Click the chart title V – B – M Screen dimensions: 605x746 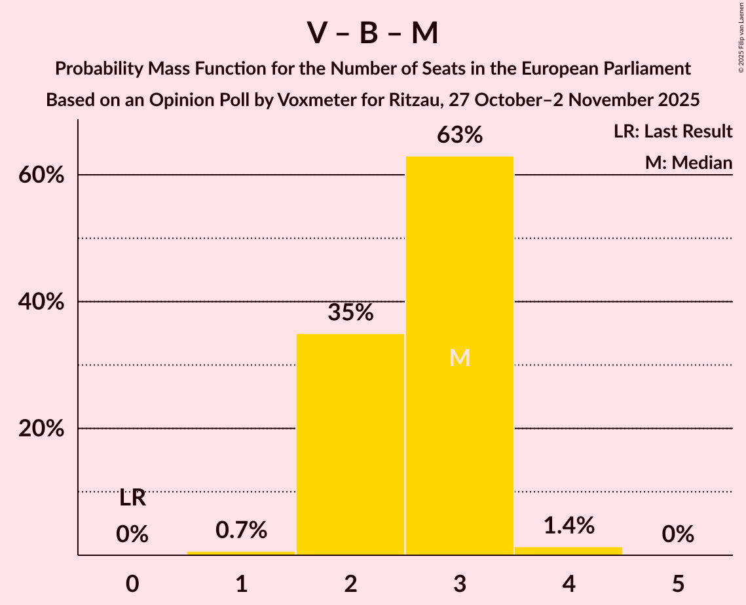(x=372, y=33)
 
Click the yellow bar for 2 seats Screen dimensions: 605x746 (x=350, y=445)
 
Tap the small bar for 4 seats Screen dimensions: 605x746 (x=569, y=551)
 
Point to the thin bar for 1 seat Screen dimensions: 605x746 (x=241, y=553)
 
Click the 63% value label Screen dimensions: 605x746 (x=460, y=136)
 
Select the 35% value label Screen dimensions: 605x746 (x=350, y=313)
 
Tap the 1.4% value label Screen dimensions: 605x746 (x=569, y=525)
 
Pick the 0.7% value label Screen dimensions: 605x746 (x=241, y=530)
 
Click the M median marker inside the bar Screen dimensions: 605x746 (x=460, y=357)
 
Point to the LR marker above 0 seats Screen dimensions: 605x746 (x=132, y=499)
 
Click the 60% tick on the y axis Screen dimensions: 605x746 (x=45, y=175)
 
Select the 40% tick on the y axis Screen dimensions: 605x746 (x=45, y=302)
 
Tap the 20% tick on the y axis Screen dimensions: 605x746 (x=45, y=429)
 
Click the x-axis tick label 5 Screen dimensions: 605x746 (x=678, y=583)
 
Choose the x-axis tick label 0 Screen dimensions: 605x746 (x=132, y=583)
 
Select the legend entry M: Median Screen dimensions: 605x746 (x=688, y=162)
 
